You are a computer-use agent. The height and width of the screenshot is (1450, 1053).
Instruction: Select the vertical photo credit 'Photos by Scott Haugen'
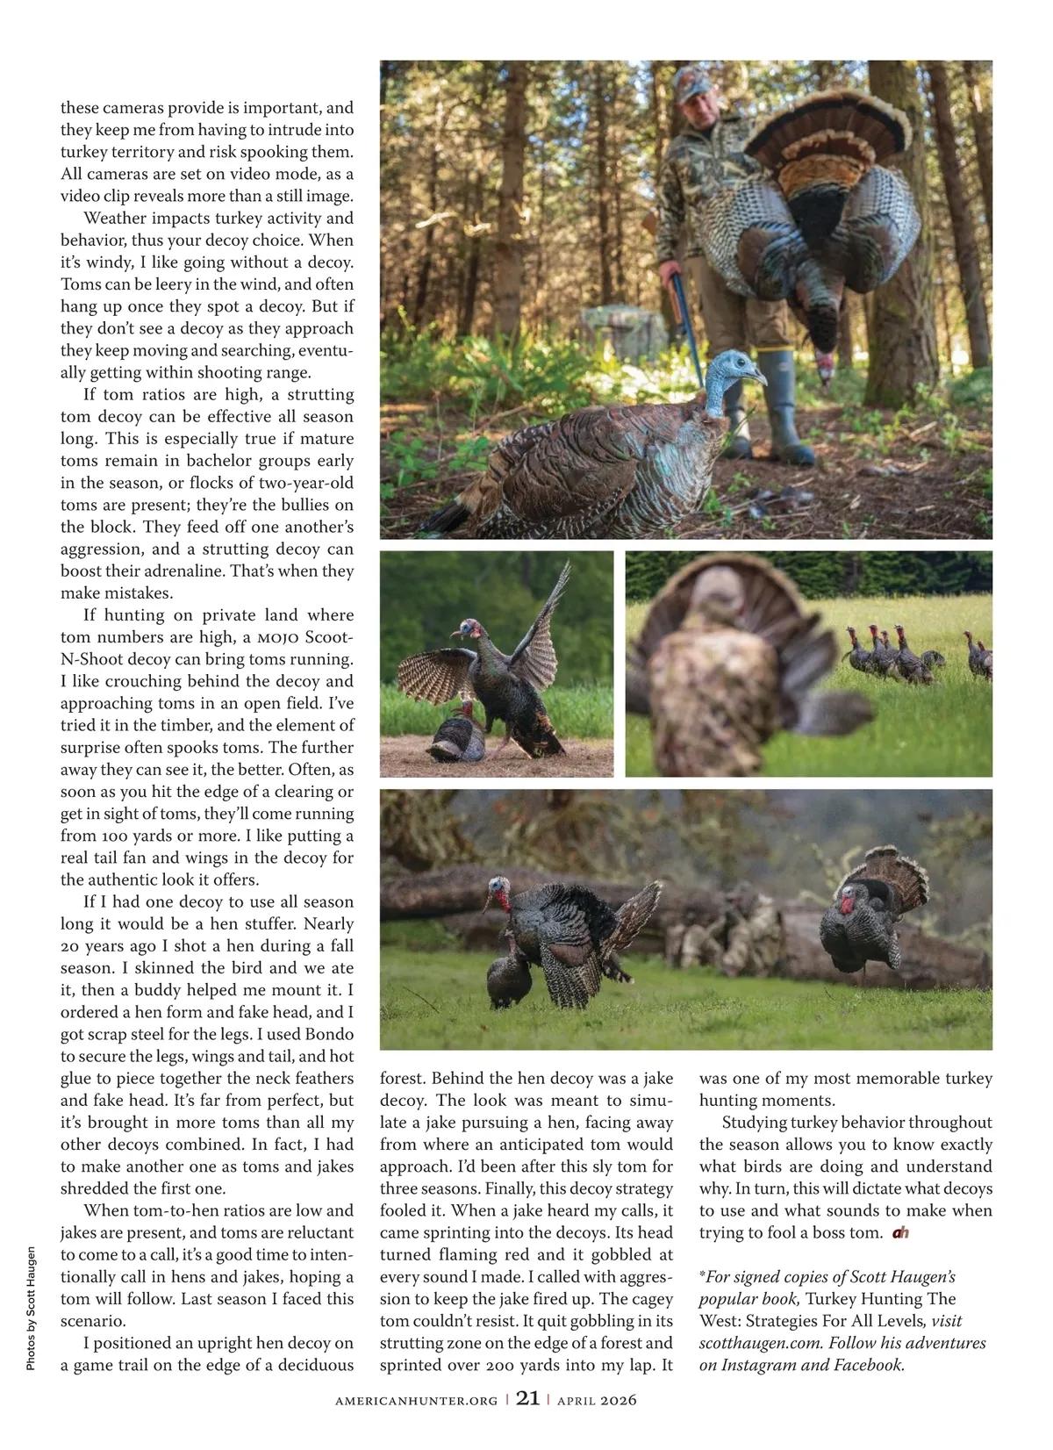pos(31,1309)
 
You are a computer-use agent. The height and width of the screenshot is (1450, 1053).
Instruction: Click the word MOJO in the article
pos(279,637)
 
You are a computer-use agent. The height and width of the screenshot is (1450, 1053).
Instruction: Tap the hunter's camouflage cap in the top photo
pos(693,84)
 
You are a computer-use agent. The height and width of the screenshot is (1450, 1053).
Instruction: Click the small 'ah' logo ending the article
pos(900,1232)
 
